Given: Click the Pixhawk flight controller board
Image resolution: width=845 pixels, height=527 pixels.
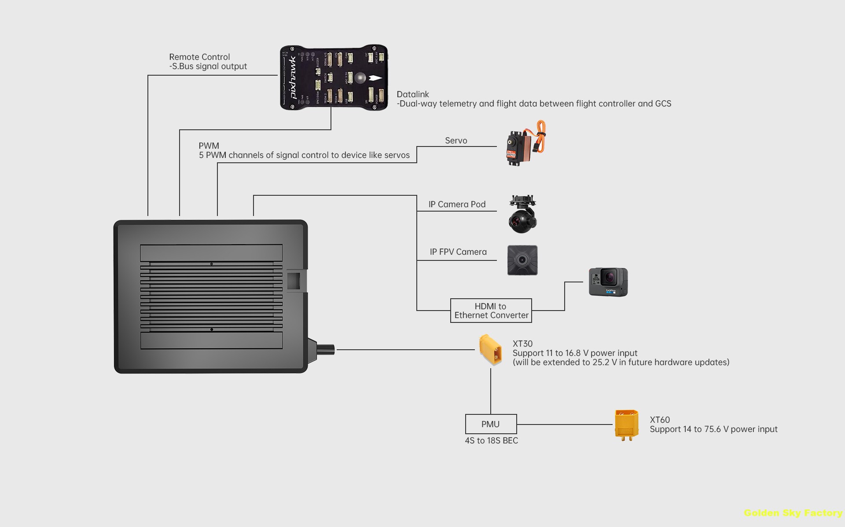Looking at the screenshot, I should coord(334,77).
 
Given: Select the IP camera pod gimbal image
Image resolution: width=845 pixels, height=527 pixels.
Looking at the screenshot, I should coord(522,215).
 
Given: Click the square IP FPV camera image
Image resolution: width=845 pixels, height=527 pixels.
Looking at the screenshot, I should coord(522,260).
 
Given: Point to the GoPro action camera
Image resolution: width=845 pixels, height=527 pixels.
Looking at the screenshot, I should coord(608,282).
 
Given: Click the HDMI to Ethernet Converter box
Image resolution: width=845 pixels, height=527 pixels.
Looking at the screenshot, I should coord(491,311).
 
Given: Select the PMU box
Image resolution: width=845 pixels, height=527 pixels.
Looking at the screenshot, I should coord(491,424).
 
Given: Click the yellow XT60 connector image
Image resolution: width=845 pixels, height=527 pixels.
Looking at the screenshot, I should coord(626,425).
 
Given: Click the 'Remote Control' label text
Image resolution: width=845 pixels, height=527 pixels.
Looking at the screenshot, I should coord(199,57).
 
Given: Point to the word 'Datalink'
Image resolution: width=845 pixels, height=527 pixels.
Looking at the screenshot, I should coord(412,94).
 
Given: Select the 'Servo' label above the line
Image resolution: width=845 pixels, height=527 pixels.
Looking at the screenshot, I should coord(456,140).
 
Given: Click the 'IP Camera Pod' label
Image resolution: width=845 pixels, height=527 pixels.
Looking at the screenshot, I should coord(457,204).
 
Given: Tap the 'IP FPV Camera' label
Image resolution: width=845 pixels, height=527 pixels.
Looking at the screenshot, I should coord(458,252).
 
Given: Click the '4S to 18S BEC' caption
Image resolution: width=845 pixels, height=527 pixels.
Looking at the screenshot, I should coord(491,440).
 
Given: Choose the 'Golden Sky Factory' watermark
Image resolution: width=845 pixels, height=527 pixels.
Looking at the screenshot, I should coord(793,513).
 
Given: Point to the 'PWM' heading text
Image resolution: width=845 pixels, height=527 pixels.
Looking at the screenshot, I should coord(209,146).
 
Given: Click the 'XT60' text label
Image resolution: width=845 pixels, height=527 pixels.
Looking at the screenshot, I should coord(660,420).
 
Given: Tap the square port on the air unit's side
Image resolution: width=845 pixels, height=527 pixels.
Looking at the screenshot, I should coord(294,280).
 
